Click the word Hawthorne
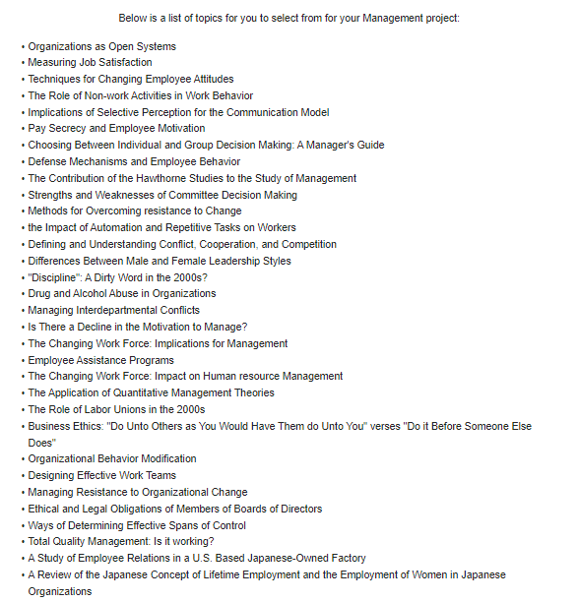click(160, 178)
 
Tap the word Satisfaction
click(121, 62)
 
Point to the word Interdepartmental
click(118, 311)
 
